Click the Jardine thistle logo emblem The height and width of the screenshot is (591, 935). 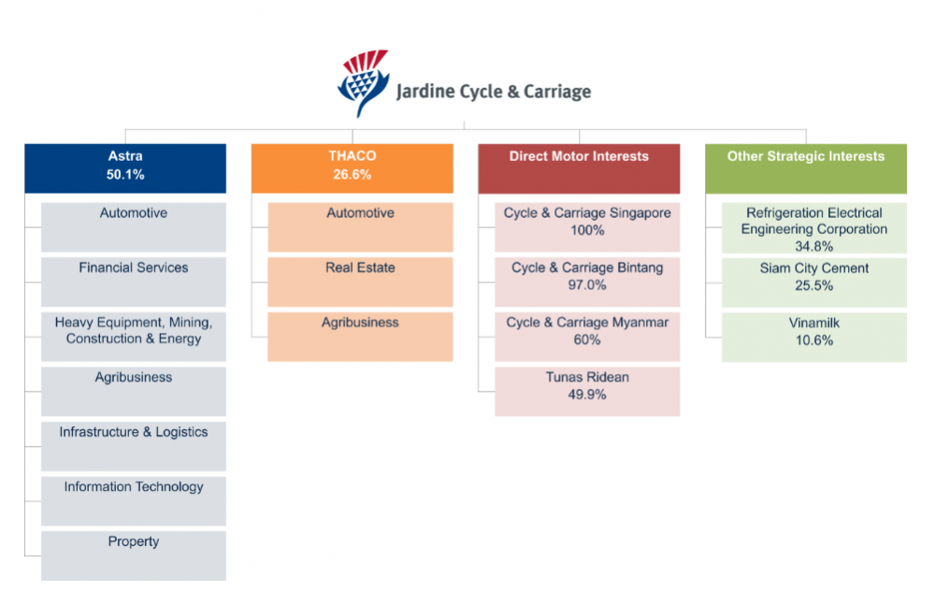(x=363, y=82)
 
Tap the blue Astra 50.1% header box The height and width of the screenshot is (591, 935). (x=125, y=168)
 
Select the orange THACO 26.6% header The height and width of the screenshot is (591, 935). (x=352, y=168)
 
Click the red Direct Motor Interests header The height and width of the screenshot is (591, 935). (x=579, y=168)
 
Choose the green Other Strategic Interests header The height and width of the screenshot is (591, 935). (x=806, y=168)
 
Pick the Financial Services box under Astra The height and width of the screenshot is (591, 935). (x=134, y=282)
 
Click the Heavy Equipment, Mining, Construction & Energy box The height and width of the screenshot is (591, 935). (x=134, y=337)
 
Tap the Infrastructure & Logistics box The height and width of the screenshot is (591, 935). (x=134, y=447)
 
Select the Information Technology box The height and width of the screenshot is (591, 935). (x=134, y=501)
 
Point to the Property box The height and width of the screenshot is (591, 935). (x=134, y=555)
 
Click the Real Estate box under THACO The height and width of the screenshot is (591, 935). (x=360, y=282)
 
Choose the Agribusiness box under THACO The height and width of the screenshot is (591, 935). (x=360, y=337)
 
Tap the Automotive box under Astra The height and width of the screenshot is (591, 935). (x=134, y=227)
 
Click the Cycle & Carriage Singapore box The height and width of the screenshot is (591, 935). (x=587, y=227)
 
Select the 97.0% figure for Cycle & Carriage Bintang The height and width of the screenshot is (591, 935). (x=587, y=285)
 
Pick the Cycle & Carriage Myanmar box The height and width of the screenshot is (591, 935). (x=587, y=337)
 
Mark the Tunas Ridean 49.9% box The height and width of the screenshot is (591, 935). (x=587, y=391)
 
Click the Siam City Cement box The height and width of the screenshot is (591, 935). (x=814, y=282)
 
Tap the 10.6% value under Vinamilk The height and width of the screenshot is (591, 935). (x=814, y=340)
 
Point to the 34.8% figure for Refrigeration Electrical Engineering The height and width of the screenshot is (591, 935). (x=814, y=246)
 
